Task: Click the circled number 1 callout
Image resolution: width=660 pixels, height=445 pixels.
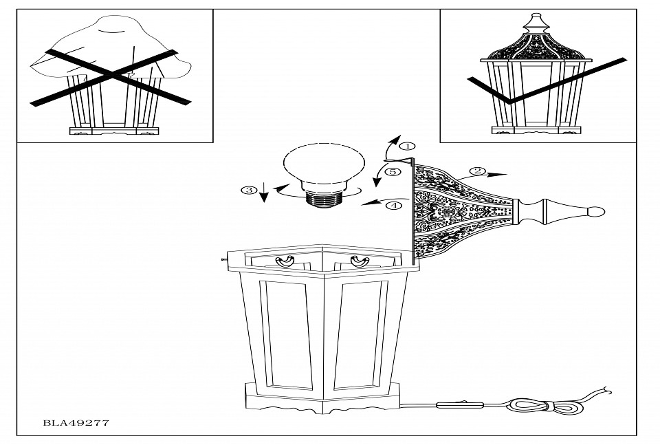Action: click(x=407, y=146)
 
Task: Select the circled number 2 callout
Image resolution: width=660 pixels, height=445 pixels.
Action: click(x=477, y=171)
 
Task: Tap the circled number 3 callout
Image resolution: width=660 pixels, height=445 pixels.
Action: click(x=249, y=191)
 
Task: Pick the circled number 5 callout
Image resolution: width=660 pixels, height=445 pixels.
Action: click(x=393, y=172)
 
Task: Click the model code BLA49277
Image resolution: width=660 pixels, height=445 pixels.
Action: click(x=76, y=423)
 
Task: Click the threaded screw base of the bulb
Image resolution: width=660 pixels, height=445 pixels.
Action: click(x=324, y=197)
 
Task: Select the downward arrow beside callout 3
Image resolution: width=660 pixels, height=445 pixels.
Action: click(x=263, y=192)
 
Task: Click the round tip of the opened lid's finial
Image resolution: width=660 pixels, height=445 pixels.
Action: click(x=597, y=211)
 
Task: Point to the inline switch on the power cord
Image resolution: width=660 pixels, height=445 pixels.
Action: click(x=460, y=405)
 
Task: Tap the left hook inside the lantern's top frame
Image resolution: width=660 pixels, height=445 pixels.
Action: click(x=285, y=261)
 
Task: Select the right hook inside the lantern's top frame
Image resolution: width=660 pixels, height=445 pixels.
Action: click(x=360, y=261)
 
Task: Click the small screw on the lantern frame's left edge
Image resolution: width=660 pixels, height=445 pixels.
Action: click(x=223, y=260)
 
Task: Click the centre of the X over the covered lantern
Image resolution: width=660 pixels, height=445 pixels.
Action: click(x=110, y=76)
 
